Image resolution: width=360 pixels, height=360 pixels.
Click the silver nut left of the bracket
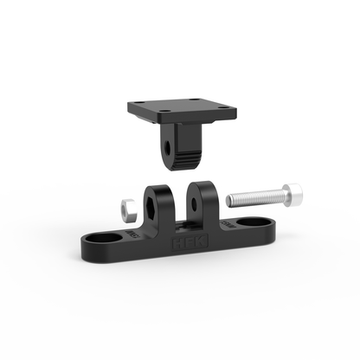click(x=125, y=207)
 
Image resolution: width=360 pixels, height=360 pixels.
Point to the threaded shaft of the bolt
click(x=255, y=198)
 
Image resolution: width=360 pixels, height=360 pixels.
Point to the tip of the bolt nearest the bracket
click(x=229, y=201)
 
